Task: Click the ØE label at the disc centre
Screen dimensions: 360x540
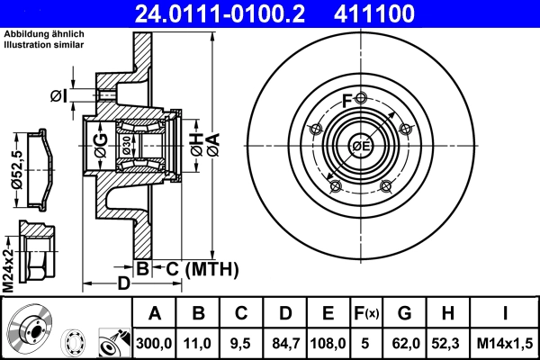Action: tap(361, 147)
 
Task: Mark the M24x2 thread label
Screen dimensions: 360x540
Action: tap(8, 262)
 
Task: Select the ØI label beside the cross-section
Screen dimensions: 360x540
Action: tap(58, 95)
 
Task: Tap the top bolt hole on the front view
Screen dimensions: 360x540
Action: tap(361, 98)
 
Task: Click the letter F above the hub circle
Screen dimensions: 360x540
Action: tap(347, 100)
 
